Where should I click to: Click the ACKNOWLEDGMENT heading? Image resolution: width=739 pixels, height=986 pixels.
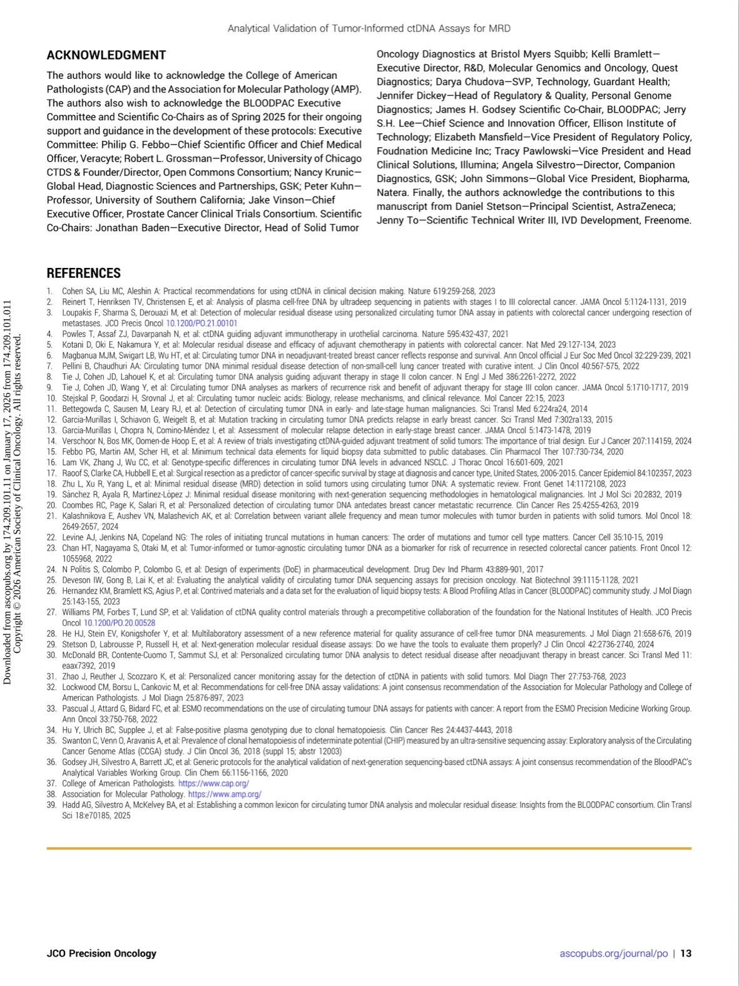(x=106, y=55)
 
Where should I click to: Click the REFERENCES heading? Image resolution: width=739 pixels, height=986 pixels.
(x=83, y=273)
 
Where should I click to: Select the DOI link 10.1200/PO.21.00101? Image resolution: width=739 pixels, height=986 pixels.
(x=201, y=323)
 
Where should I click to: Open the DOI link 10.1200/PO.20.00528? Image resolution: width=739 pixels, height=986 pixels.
(x=120, y=623)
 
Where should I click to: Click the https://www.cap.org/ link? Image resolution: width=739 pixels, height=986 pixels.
(x=213, y=783)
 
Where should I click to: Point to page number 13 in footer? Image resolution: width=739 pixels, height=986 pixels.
(x=686, y=953)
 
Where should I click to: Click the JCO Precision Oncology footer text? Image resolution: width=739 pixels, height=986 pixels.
(x=101, y=953)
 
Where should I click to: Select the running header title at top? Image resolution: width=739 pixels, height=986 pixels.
(x=369, y=28)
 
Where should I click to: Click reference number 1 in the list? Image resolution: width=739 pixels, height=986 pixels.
(x=49, y=291)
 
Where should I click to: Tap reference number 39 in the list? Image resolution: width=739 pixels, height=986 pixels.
(x=51, y=805)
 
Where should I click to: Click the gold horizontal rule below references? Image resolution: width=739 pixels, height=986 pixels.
(x=369, y=848)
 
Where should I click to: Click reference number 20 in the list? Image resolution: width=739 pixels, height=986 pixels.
(x=51, y=505)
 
